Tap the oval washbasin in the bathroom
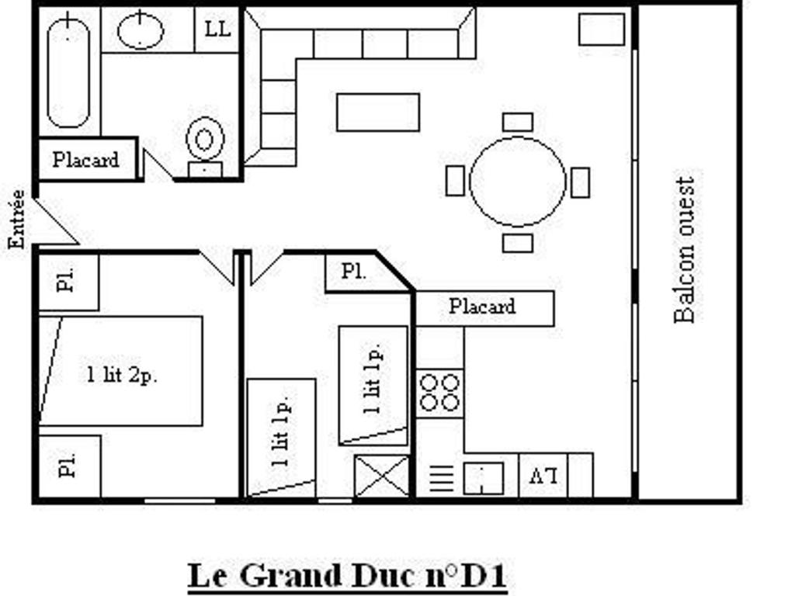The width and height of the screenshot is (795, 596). [x=141, y=30]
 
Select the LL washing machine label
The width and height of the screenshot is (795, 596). [x=217, y=29]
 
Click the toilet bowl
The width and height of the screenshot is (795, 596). [x=205, y=140]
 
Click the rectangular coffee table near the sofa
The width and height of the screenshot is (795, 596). [x=378, y=112]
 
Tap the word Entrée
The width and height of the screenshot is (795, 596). [x=17, y=219]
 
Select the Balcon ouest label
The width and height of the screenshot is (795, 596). [x=684, y=250]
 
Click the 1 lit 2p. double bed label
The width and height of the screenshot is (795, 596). [x=122, y=375]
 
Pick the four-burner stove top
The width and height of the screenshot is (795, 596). [x=439, y=393]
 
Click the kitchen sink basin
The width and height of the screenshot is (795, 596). [x=483, y=478]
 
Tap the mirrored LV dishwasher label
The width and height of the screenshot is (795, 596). [x=543, y=476]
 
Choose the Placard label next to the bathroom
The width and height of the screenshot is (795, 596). [x=85, y=160]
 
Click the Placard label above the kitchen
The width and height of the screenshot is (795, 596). [x=482, y=306]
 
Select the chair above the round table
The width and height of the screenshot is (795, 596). [x=518, y=122]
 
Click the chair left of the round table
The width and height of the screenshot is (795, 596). [x=455, y=181]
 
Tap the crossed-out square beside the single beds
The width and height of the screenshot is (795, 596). [x=382, y=476]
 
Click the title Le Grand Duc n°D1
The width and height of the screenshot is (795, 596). [x=347, y=576]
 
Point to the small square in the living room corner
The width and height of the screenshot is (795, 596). [x=602, y=29]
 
